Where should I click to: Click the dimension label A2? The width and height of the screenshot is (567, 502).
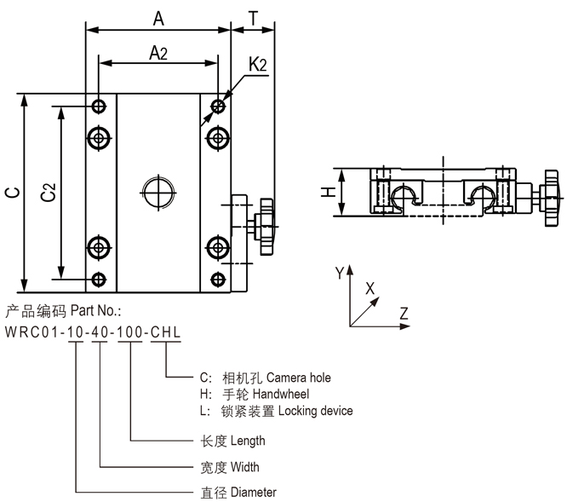coord(157,53)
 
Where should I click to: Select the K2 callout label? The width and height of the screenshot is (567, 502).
coord(259,65)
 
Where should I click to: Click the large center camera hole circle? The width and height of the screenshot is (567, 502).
coord(158,192)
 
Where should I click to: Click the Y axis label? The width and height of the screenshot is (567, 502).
coord(339,273)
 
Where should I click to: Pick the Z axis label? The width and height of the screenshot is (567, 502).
coord(404,312)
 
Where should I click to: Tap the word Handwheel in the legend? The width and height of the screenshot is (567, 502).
coord(281,394)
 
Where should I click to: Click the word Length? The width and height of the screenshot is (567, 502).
coord(248,441)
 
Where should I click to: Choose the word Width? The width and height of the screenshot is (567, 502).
coord(243,467)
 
